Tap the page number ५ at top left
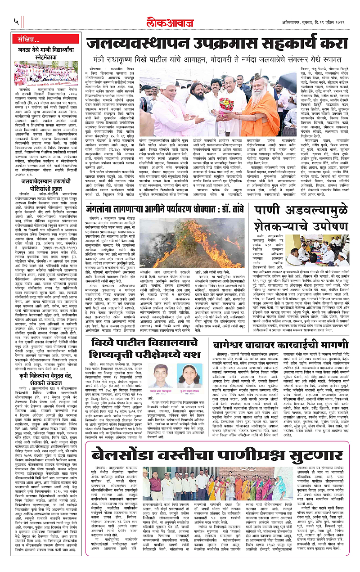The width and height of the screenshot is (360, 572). [16, 20]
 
